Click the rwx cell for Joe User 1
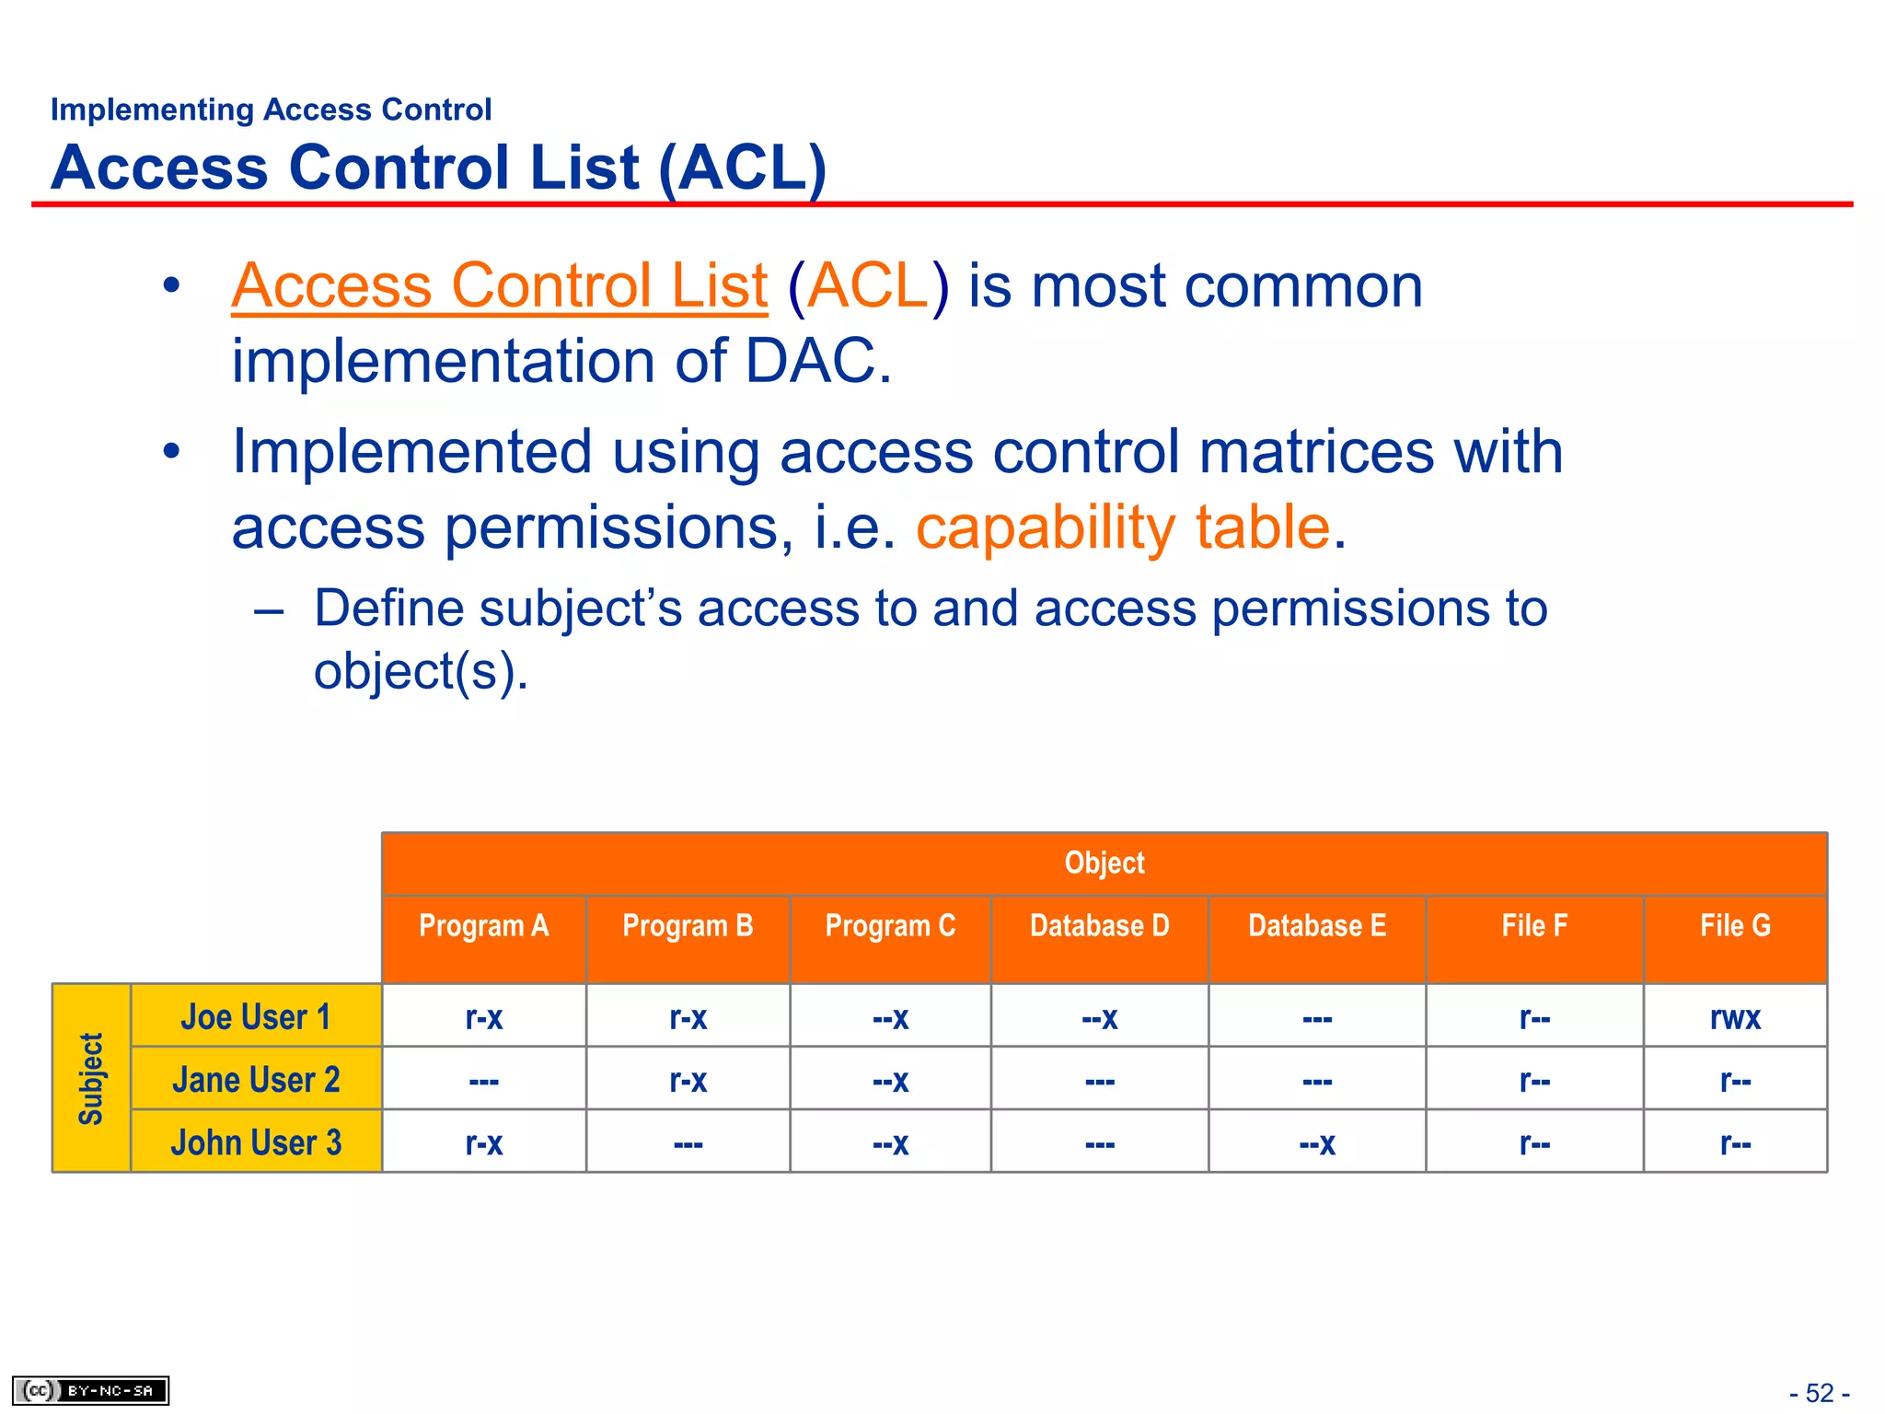point(1735,1017)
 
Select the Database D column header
point(1099,926)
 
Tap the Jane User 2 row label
point(256,1080)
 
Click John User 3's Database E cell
point(1316,1143)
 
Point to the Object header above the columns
point(1104,863)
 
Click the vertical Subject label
point(91,1078)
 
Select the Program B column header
point(688,926)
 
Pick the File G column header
point(1735,926)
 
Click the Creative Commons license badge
point(90,1390)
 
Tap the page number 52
point(1819,1393)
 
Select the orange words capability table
point(1123,527)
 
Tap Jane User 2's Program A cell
point(483,1080)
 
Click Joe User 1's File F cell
point(1533,1017)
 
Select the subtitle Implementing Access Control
point(271,110)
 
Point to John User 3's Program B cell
point(688,1143)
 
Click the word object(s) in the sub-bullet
point(419,671)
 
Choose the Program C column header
point(890,926)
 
